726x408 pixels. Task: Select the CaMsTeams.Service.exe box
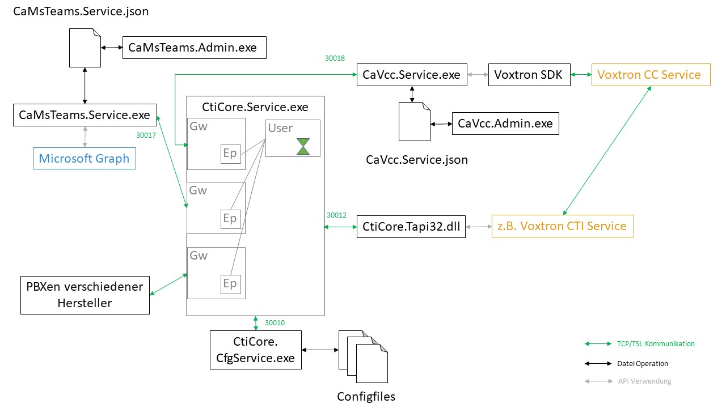point(85,115)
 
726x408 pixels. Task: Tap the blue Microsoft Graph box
point(85,158)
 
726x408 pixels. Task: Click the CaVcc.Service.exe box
point(412,75)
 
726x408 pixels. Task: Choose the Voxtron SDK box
point(529,75)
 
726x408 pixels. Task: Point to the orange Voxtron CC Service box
point(651,75)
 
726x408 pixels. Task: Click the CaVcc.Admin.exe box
point(505,123)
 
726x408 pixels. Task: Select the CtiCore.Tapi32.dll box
point(411,227)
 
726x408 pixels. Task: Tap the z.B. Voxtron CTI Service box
point(562,226)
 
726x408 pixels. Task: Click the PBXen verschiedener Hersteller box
point(85,295)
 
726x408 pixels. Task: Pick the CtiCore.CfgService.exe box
point(255,350)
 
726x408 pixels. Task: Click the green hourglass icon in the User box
point(303,147)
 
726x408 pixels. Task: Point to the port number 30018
point(335,58)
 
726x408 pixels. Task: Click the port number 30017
point(146,135)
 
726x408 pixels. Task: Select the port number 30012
point(336,215)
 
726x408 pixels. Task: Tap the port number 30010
point(275,323)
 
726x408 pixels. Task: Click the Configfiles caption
point(366,396)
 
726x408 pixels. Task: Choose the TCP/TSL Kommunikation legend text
point(655,344)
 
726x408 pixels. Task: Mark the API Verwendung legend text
point(644,381)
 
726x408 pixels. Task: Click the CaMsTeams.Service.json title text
point(81,11)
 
